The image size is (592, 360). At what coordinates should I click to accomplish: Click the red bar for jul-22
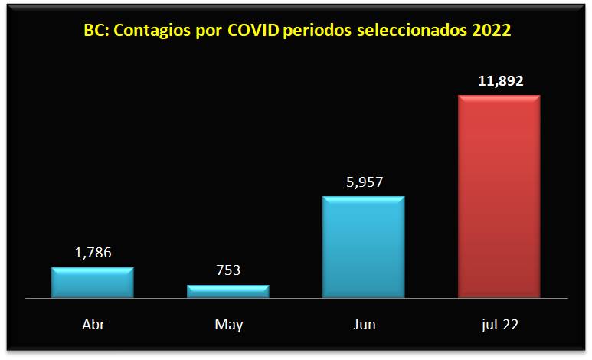point(499,195)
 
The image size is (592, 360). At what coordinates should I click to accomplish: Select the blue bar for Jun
point(364,246)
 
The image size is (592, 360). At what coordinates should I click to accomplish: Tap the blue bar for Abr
point(93,282)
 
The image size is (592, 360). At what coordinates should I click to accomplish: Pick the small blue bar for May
point(228,290)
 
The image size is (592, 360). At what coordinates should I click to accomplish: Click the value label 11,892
point(499,80)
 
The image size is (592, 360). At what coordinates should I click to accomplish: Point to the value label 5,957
point(364,182)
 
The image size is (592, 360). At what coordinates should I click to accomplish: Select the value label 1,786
point(93,253)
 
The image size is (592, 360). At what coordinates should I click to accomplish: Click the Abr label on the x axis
point(93,324)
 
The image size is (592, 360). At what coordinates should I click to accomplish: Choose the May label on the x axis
point(228,325)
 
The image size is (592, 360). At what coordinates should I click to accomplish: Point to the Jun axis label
point(365,324)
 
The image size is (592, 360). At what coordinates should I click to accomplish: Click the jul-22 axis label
point(499,324)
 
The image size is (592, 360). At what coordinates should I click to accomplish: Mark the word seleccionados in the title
point(408,32)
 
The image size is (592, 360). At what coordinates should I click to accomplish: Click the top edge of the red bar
point(499,97)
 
